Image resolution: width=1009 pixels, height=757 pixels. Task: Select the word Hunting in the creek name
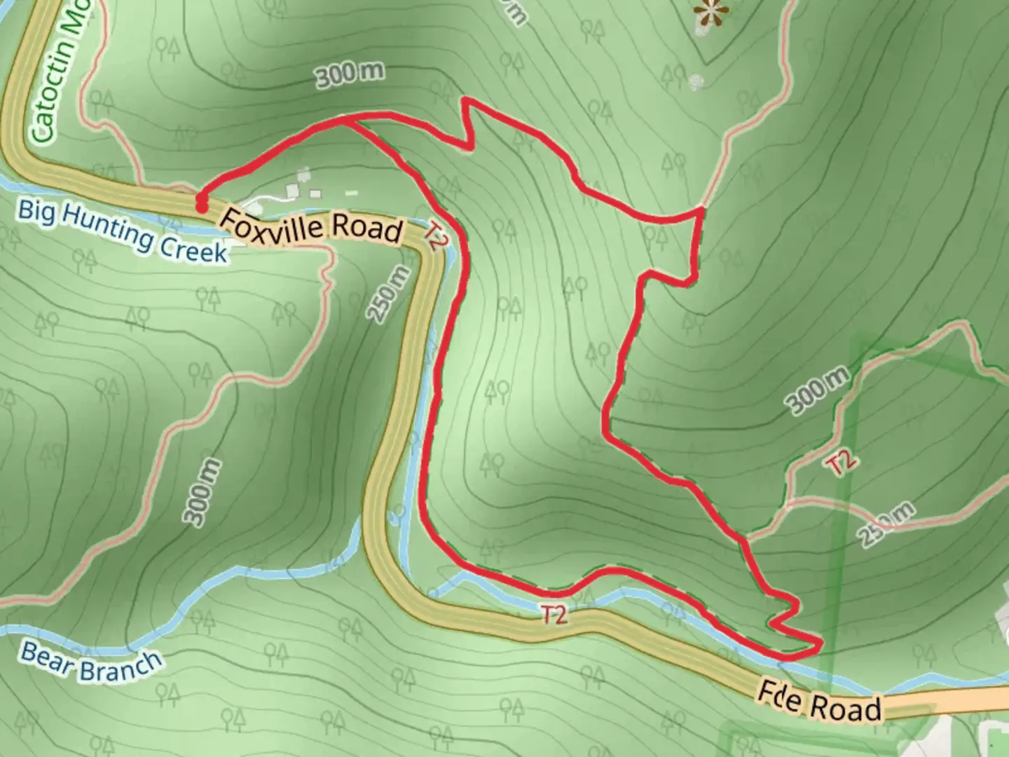107,227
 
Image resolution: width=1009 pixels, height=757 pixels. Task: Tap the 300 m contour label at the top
350,75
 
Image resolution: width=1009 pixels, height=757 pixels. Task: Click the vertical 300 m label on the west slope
203,493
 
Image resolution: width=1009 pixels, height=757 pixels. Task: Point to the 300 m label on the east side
817,390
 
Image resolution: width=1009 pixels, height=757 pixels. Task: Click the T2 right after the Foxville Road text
435,237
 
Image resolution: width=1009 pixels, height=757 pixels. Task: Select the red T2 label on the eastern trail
841,463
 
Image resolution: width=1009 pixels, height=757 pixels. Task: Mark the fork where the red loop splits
347,121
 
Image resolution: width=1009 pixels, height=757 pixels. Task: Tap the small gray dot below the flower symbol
696,83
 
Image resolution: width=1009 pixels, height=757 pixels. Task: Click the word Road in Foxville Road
367,229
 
